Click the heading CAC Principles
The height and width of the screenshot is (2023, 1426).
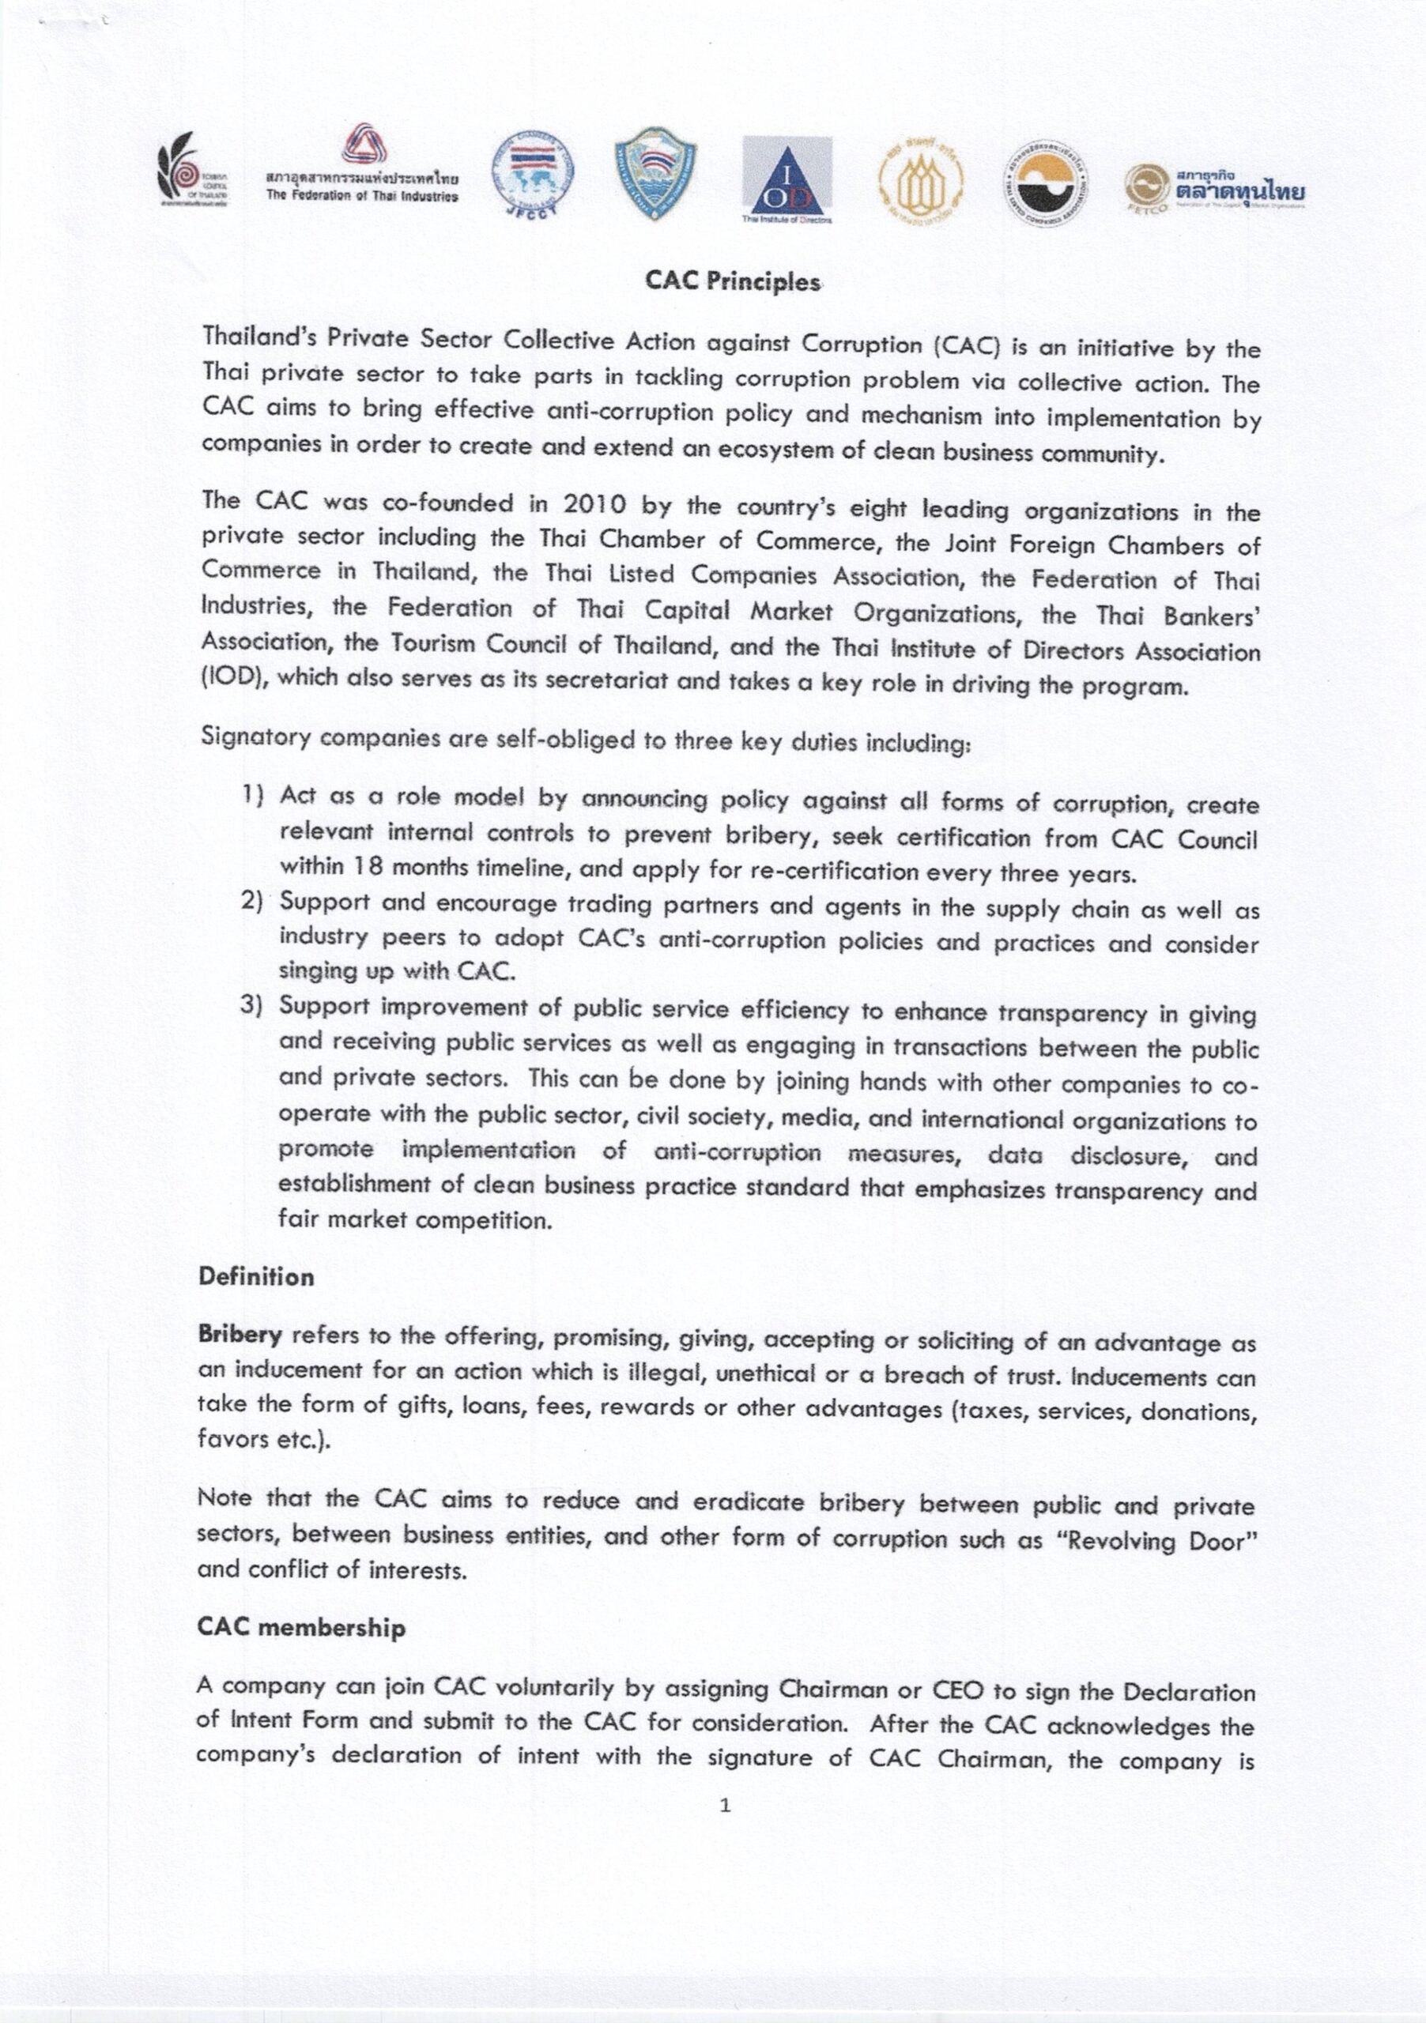coord(733,281)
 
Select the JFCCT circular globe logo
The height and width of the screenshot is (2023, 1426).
coord(531,177)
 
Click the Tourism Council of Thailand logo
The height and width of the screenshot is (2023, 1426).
coord(191,169)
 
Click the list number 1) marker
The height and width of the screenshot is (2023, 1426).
coord(254,794)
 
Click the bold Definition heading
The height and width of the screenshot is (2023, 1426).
coord(256,1277)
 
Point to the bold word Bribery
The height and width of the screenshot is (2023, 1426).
coord(240,1334)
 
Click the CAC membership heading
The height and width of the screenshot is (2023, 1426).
coord(301,1626)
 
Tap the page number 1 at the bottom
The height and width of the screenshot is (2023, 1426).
coord(724,1806)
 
